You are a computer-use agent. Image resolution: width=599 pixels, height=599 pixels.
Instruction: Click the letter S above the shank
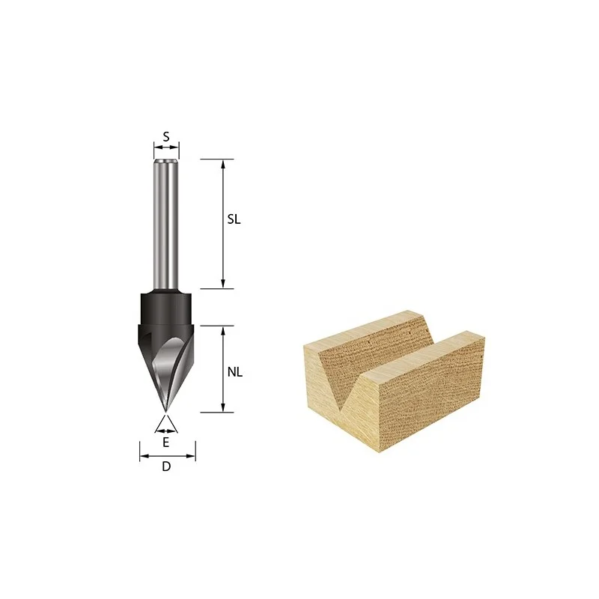(166, 136)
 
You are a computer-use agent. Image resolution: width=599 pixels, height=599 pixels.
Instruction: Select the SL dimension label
(234, 219)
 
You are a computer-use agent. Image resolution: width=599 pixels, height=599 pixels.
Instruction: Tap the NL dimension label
(235, 372)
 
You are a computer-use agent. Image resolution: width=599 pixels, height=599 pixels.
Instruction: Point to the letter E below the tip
(165, 443)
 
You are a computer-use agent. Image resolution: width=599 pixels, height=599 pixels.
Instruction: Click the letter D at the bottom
(166, 466)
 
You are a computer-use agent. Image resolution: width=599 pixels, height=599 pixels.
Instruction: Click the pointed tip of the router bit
(165, 411)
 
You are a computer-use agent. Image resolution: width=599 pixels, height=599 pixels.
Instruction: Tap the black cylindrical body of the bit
(166, 308)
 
